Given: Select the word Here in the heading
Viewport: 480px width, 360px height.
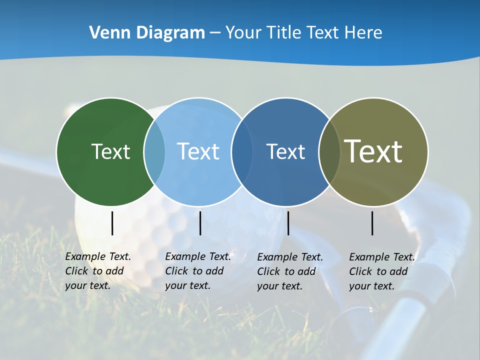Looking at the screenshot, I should (x=363, y=32).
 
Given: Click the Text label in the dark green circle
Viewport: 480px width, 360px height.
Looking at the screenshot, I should (x=110, y=151).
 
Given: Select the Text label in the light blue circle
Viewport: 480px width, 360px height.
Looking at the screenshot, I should (x=198, y=151).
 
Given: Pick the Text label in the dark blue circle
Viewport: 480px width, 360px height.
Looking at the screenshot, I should (x=285, y=151).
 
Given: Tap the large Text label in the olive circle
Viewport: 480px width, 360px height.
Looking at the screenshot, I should (x=373, y=151).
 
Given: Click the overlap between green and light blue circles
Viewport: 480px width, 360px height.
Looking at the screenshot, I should (x=154, y=151).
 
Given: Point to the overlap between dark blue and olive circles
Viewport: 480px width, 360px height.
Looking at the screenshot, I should (x=329, y=151).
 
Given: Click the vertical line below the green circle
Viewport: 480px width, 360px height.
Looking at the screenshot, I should (x=112, y=223).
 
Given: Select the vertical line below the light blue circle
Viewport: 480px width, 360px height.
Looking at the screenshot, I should (x=200, y=223).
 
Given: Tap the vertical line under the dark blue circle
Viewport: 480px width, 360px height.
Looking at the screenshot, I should (x=288, y=223).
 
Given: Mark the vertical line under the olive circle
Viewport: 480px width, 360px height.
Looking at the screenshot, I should (x=372, y=223).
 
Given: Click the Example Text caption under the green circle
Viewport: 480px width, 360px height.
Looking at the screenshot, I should (x=97, y=270).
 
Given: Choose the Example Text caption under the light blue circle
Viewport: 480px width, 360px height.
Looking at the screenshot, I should (x=197, y=270).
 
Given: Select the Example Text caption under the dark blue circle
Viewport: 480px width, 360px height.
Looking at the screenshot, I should (x=289, y=271).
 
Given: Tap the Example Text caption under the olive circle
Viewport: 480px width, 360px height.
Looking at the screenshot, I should (x=381, y=271).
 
